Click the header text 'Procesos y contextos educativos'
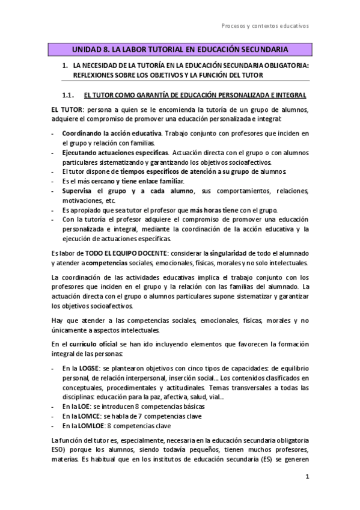[265, 26]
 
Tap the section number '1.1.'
[67, 94]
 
